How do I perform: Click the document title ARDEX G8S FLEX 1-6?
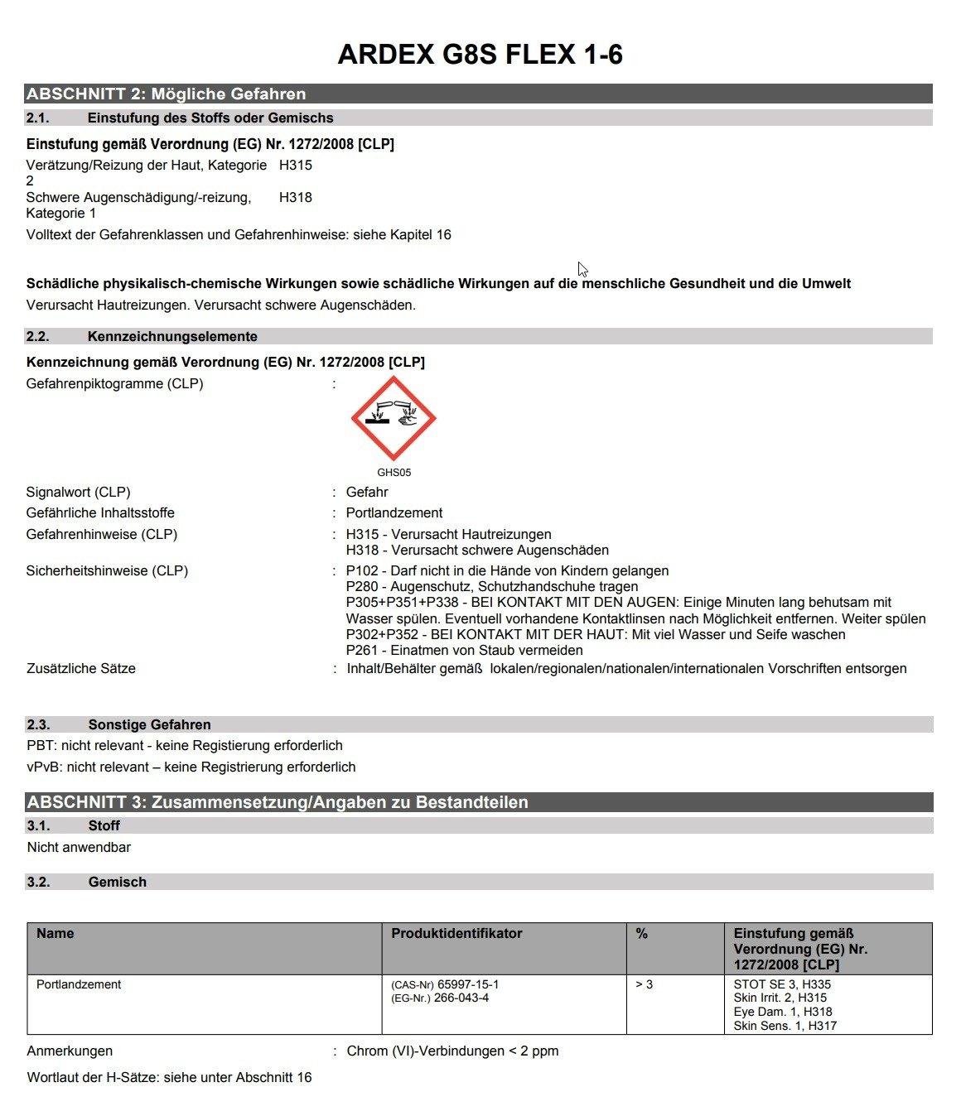480,55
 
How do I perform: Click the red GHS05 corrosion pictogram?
394,418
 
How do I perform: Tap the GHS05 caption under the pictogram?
394,473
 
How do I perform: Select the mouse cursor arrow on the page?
582,269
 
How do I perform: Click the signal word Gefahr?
367,492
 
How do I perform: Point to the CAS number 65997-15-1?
467,984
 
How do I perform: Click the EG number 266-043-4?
461,998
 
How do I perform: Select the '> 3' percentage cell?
644,984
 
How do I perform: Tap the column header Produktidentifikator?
456,933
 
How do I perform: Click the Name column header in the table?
56,933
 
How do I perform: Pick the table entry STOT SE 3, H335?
782,984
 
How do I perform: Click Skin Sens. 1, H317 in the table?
785,1026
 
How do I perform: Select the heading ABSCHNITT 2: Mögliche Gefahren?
167,94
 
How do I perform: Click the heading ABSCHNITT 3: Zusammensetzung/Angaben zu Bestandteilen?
278,801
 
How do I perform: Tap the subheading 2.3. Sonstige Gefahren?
149,724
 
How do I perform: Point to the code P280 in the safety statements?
362,586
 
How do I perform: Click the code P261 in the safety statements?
362,650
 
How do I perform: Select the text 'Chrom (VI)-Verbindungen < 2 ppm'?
452,1051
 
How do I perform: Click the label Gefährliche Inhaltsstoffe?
100,512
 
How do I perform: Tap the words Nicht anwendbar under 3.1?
79,847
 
